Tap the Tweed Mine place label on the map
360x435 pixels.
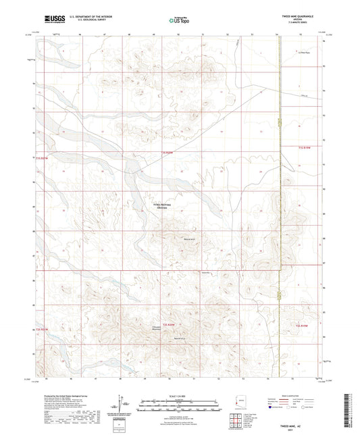coord(207,273)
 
